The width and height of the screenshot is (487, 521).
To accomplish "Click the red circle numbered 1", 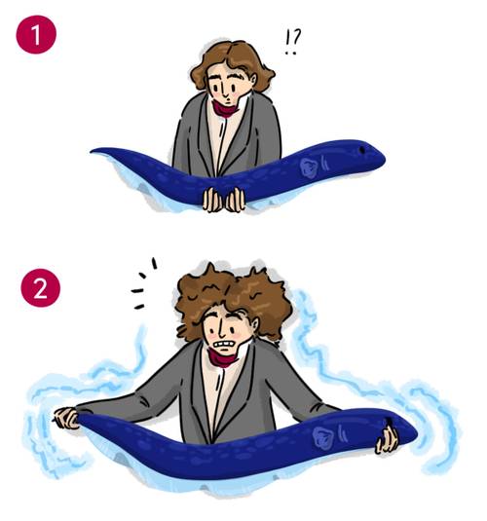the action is (36, 34).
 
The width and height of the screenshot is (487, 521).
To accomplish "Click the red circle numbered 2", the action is (40, 288).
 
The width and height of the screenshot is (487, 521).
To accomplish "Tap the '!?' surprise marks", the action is (292, 42).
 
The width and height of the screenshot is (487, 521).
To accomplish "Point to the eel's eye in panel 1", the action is (362, 150).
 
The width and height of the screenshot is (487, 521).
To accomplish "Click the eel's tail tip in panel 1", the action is (92, 152).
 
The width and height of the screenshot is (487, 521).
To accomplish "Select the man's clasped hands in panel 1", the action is (224, 200).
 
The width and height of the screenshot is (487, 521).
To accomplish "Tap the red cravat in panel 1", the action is (226, 109).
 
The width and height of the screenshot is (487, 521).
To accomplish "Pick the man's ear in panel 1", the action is (253, 79).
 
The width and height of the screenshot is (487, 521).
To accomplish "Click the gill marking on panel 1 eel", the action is (310, 167).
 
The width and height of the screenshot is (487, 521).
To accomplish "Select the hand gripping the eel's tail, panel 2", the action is (66, 418).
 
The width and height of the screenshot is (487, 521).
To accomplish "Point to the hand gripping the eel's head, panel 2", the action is (387, 438).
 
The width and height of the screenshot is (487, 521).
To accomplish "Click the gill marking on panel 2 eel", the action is (322, 436).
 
